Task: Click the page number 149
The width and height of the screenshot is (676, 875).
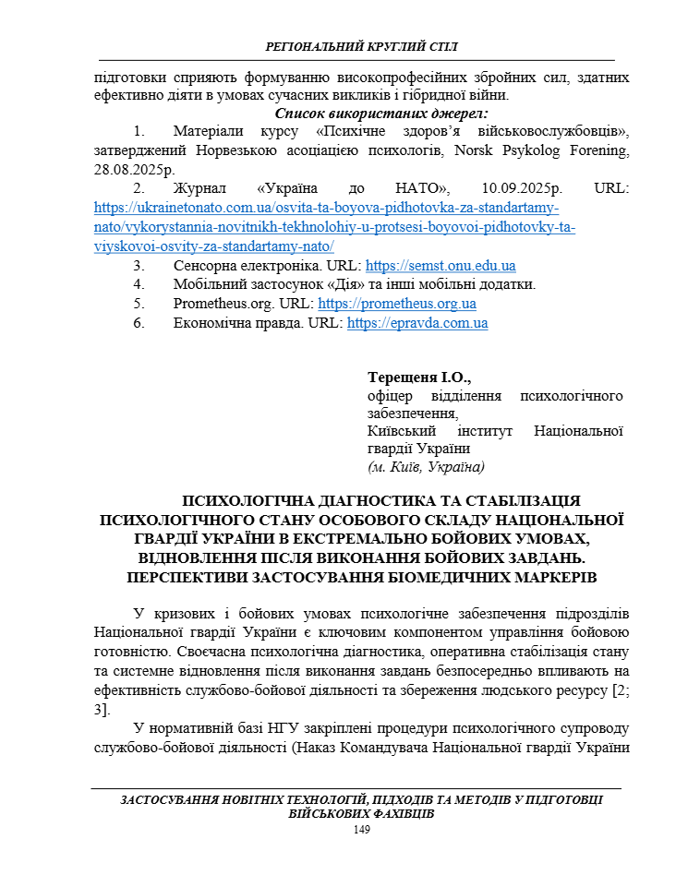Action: pyautogui.click(x=362, y=831)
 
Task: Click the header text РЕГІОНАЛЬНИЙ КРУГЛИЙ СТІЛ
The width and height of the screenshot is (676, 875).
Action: pyautogui.click(x=361, y=47)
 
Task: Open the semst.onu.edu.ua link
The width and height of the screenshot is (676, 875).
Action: pyautogui.click(x=441, y=266)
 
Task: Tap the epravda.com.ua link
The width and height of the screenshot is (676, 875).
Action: pyautogui.click(x=417, y=323)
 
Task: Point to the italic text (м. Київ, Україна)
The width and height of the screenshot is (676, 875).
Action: pyautogui.click(x=426, y=467)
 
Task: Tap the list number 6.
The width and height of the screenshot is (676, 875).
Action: pyautogui.click(x=139, y=323)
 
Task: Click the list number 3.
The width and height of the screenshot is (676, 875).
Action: pyautogui.click(x=139, y=266)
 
